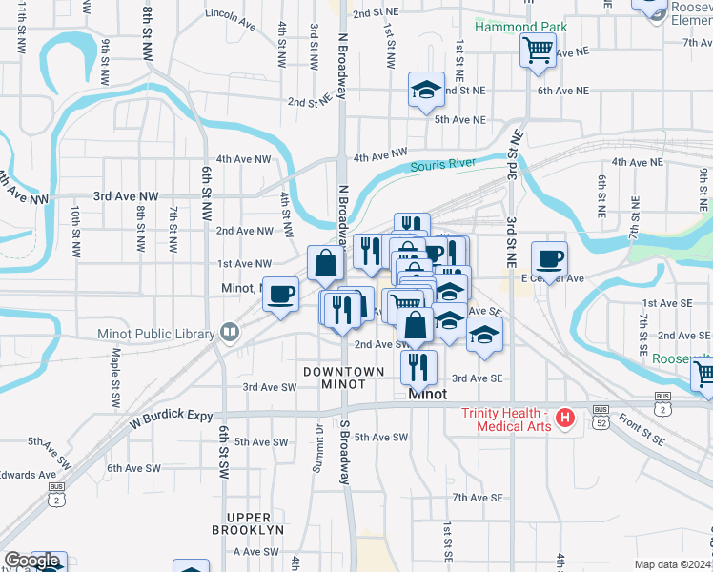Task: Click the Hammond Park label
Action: tap(520, 27)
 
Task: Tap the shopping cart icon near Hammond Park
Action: tap(538, 50)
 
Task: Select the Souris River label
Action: tap(442, 165)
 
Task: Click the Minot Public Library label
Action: tap(157, 334)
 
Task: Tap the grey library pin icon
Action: tap(229, 333)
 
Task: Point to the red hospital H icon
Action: tap(565, 418)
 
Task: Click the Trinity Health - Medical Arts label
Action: tap(506, 419)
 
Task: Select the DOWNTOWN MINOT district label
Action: tap(344, 378)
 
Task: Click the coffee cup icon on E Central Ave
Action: tap(549, 258)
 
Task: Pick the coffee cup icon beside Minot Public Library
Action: tap(279, 293)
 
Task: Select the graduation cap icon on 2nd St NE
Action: tap(425, 91)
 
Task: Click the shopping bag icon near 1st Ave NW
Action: tap(325, 263)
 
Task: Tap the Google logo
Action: tap(31, 562)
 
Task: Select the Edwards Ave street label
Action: tap(29, 475)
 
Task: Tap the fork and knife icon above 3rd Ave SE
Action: tap(418, 367)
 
